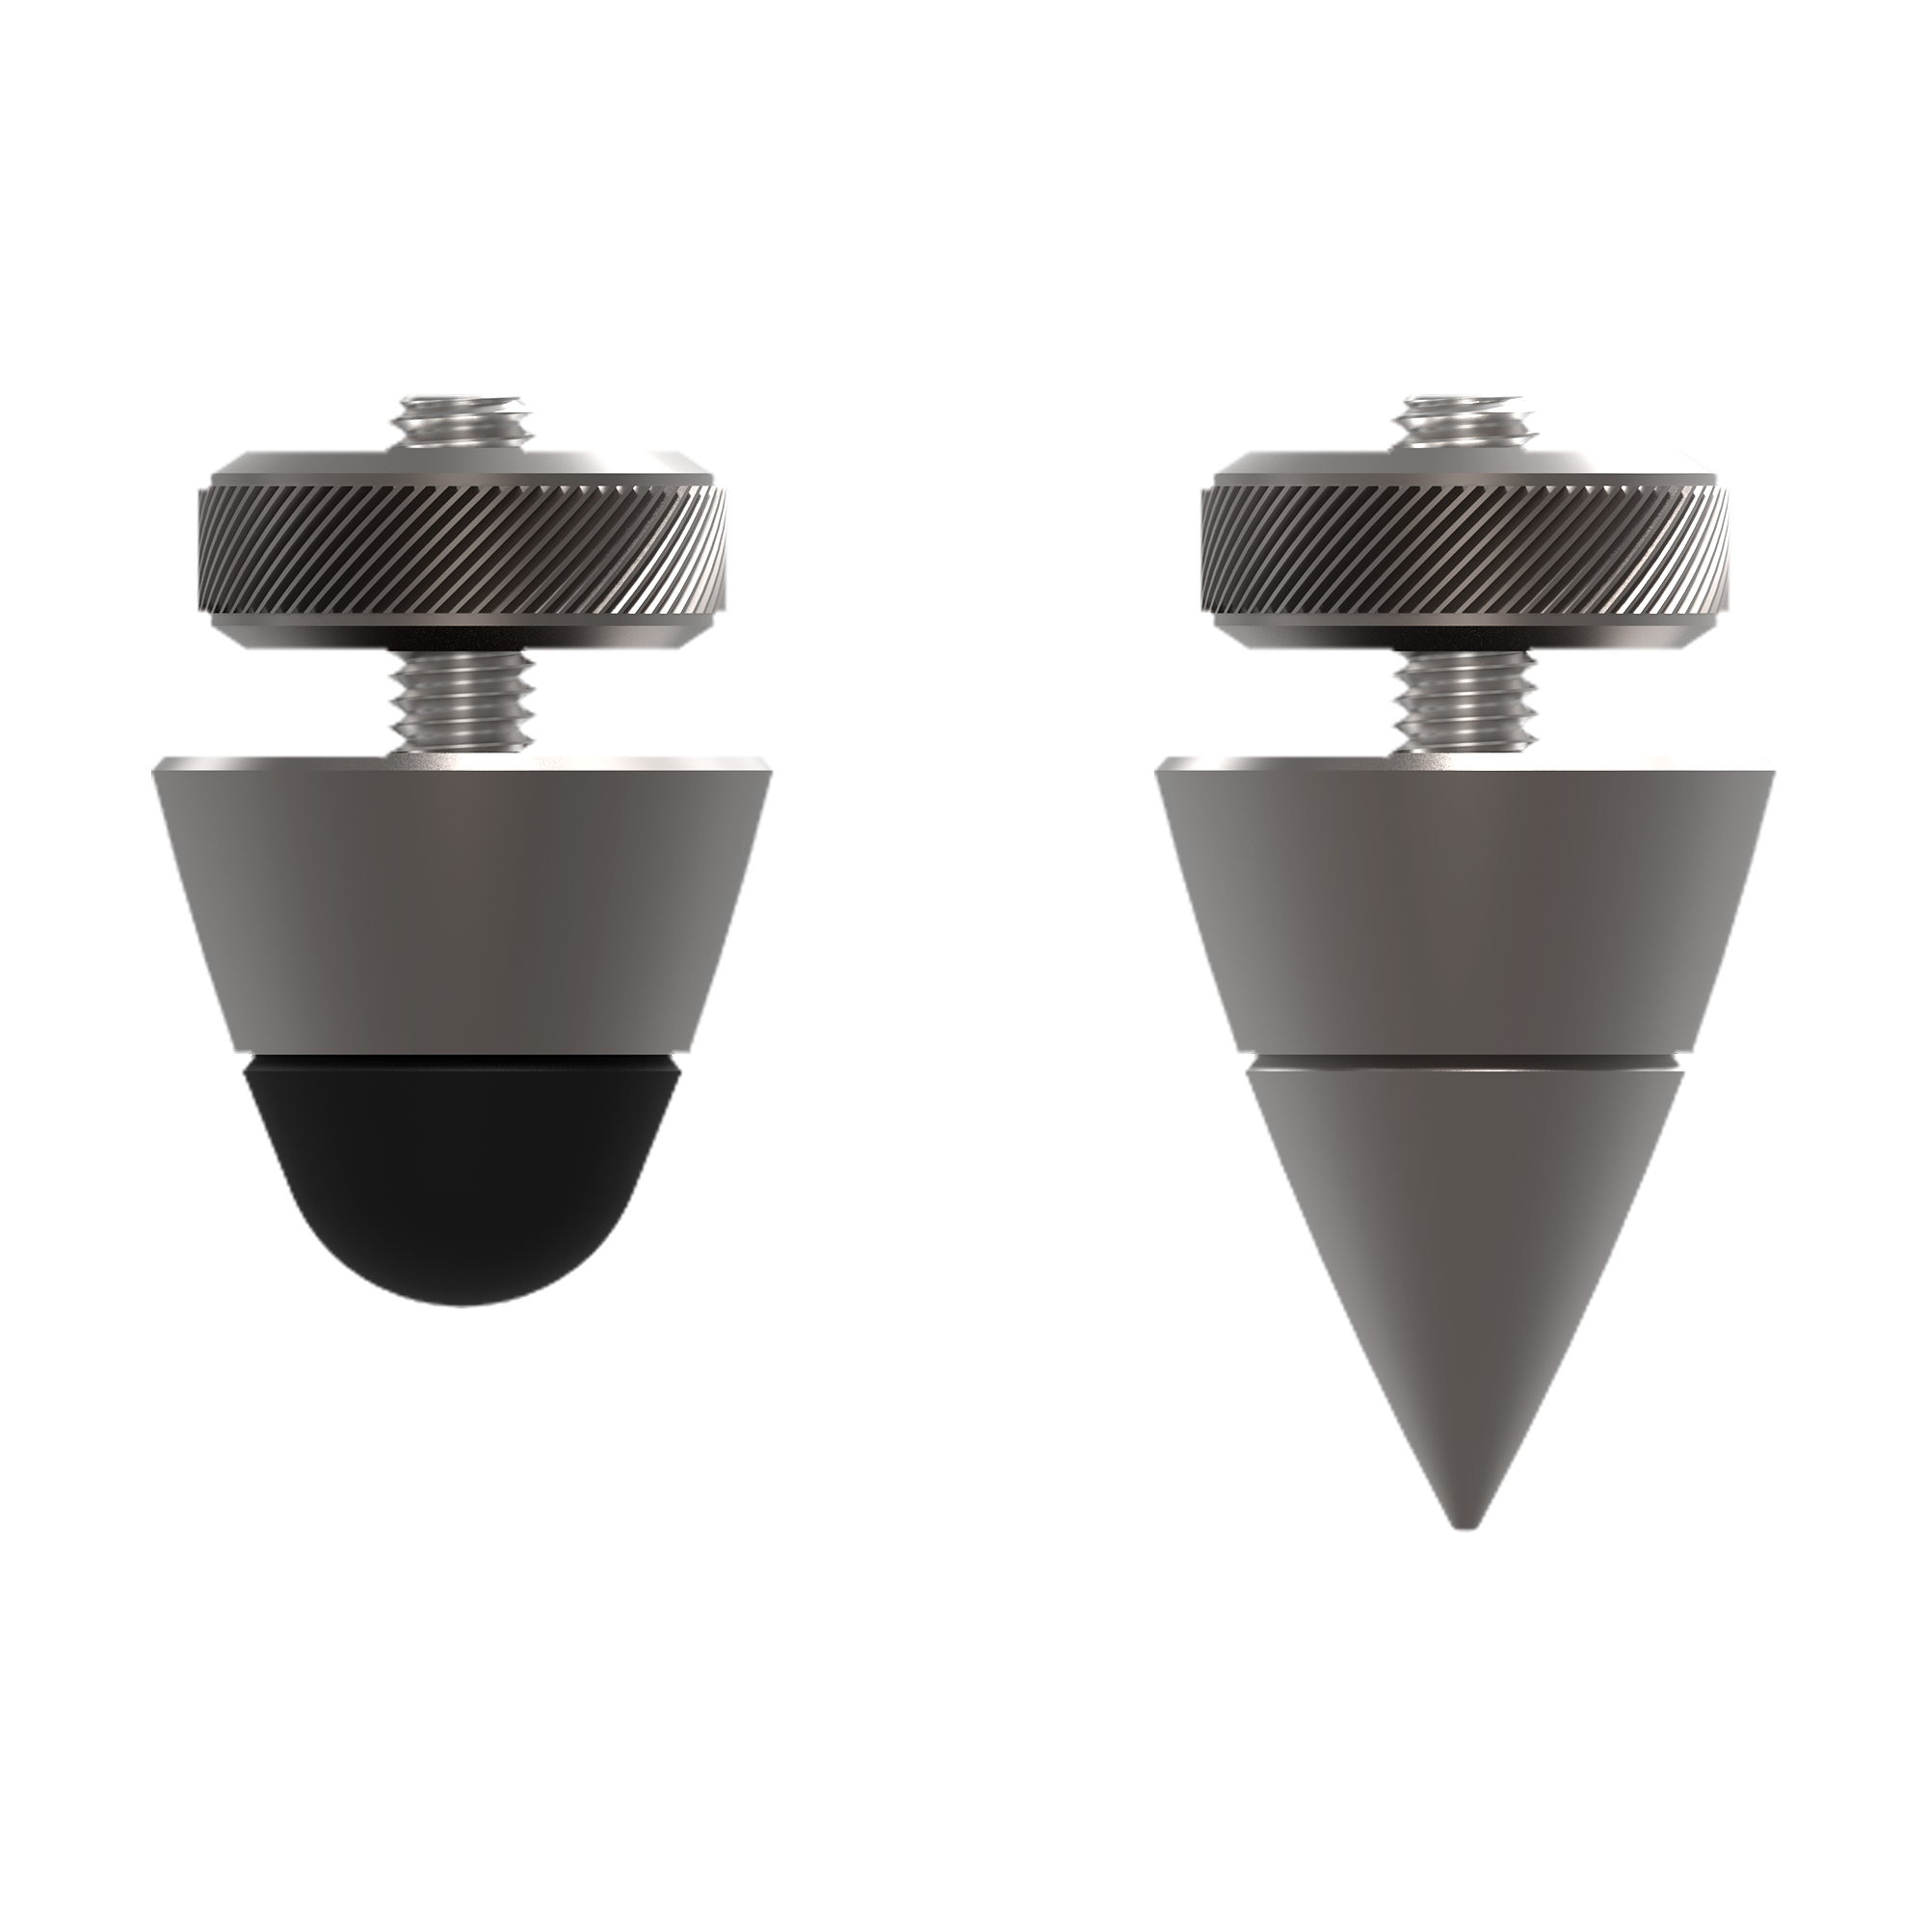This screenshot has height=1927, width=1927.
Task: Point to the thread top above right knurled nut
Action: coord(1465,417)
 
